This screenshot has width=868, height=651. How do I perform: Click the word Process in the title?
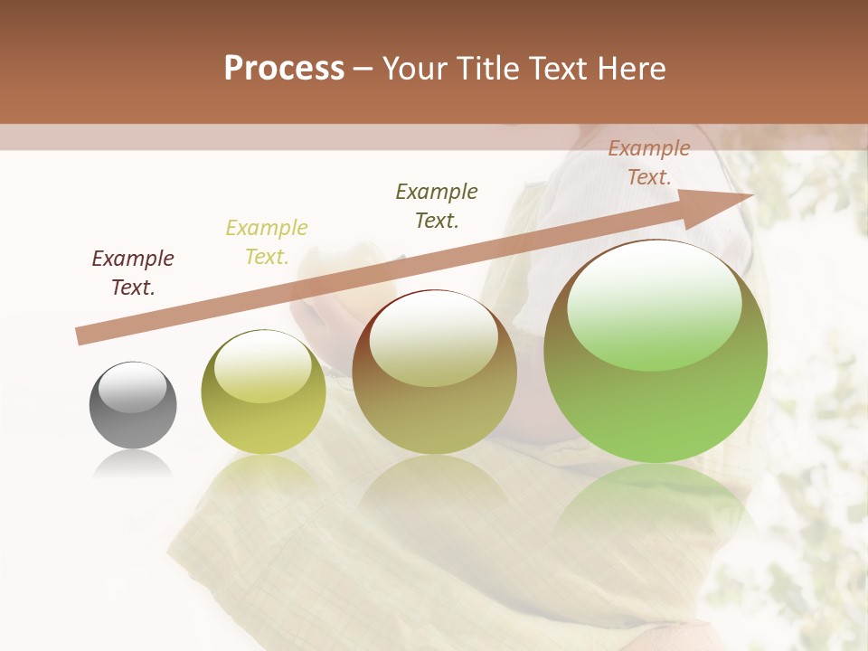pyautogui.click(x=284, y=69)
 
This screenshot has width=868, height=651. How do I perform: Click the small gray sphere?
pyautogui.click(x=133, y=405)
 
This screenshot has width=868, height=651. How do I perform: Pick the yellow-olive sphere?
pyautogui.click(x=263, y=392)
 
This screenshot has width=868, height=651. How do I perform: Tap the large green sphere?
pyautogui.click(x=656, y=351)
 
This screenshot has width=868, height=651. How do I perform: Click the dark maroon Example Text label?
pyautogui.click(x=133, y=273)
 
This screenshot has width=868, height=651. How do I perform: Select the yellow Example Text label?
pyautogui.click(x=267, y=242)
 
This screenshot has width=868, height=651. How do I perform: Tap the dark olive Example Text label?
pyautogui.click(x=437, y=206)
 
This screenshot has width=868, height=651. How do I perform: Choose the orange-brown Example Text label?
pyautogui.click(x=649, y=163)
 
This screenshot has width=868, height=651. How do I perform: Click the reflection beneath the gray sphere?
pyautogui.click(x=133, y=465)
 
